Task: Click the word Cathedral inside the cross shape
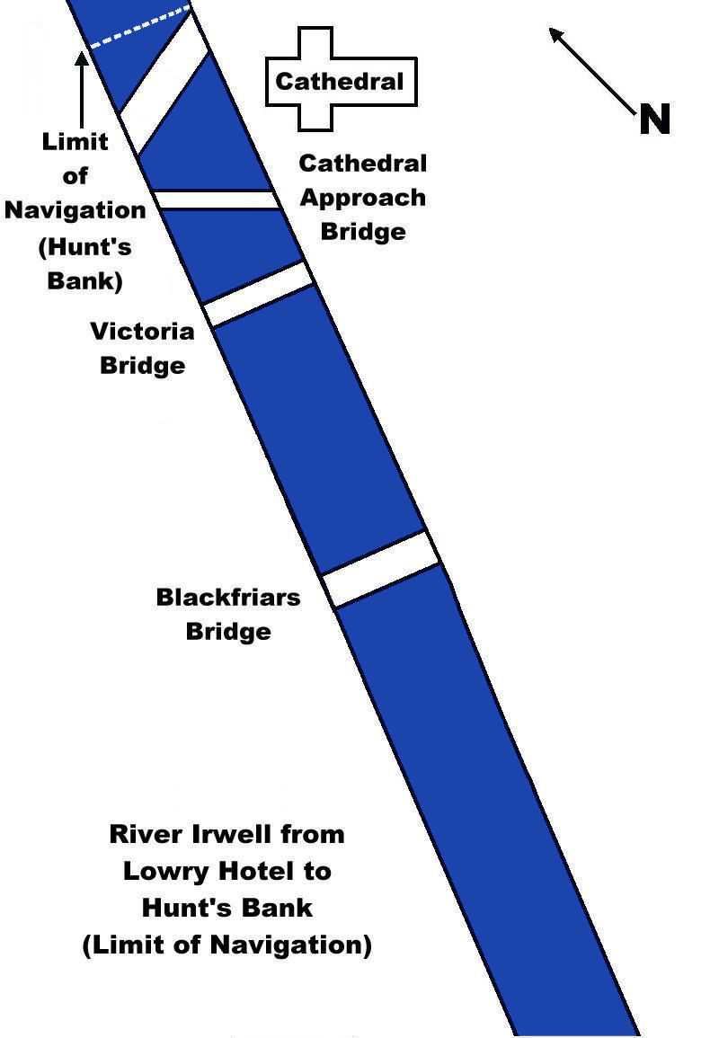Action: point(339,82)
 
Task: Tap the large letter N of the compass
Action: point(655,120)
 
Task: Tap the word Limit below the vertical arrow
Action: point(75,142)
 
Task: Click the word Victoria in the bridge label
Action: point(142,332)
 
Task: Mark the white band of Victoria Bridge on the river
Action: point(259,293)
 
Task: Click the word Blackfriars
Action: point(228,598)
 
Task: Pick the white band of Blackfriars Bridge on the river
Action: point(381,569)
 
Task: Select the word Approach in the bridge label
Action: point(362,198)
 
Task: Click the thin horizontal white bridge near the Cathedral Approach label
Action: point(216,200)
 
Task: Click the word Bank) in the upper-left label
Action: point(81,279)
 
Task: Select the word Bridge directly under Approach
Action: point(362,232)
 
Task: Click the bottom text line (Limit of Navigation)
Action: point(226,945)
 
